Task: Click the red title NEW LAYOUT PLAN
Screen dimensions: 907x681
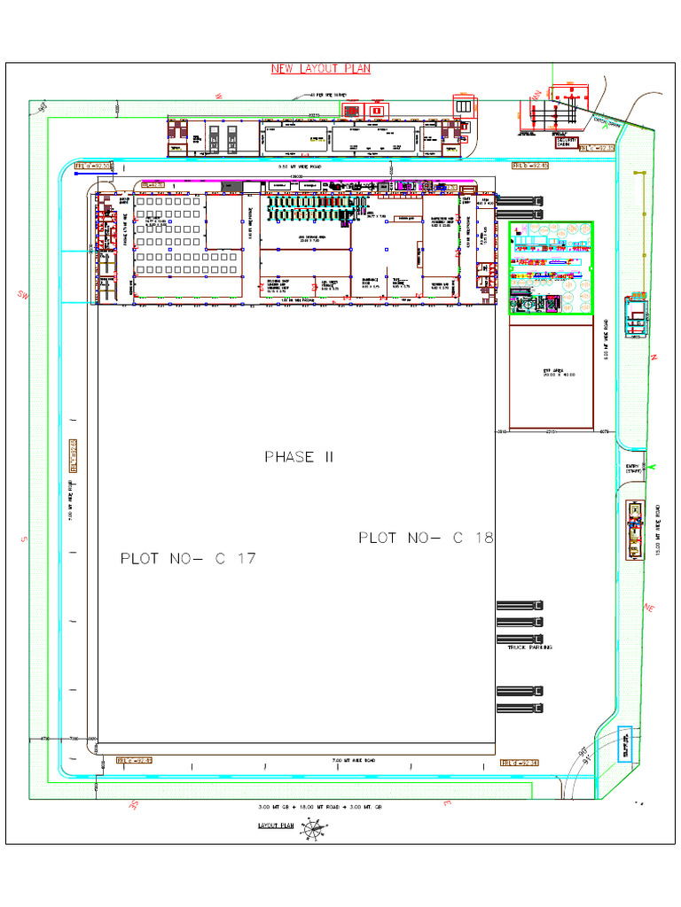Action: [320, 68]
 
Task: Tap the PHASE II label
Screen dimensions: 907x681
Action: [289, 457]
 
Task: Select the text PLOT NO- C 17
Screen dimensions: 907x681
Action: [188, 559]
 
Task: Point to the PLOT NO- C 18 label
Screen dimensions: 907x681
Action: [426, 538]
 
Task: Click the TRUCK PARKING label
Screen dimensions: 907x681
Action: [529, 648]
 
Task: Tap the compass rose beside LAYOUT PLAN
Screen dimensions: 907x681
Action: [313, 830]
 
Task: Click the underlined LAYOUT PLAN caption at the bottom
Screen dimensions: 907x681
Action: [275, 825]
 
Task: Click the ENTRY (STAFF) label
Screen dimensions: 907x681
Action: [633, 469]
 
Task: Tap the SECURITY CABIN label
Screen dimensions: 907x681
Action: [567, 143]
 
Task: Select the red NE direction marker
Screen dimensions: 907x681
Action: [649, 608]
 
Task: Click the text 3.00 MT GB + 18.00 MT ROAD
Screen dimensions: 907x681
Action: [320, 807]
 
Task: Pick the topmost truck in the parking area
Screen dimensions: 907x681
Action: [520, 605]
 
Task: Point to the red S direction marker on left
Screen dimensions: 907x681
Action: [26, 538]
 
